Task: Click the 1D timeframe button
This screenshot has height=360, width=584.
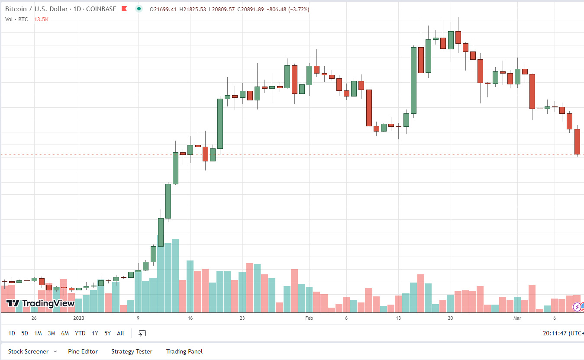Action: (12, 333)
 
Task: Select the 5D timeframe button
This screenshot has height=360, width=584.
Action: (25, 333)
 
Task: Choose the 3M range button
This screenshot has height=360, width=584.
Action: (52, 333)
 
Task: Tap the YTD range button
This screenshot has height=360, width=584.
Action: (80, 333)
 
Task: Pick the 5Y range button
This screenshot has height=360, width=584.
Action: (107, 333)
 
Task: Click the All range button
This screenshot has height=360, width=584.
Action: (120, 333)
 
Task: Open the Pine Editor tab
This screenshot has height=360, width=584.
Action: (83, 351)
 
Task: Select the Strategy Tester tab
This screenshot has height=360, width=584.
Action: (132, 351)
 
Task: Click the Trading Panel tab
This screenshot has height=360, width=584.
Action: (184, 351)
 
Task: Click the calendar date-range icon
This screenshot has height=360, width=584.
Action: (142, 333)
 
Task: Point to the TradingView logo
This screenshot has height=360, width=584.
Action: (41, 303)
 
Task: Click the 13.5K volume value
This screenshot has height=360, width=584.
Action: (42, 19)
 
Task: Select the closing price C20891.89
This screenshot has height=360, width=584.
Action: (248, 9)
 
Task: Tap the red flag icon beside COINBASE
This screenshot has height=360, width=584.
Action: (124, 9)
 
